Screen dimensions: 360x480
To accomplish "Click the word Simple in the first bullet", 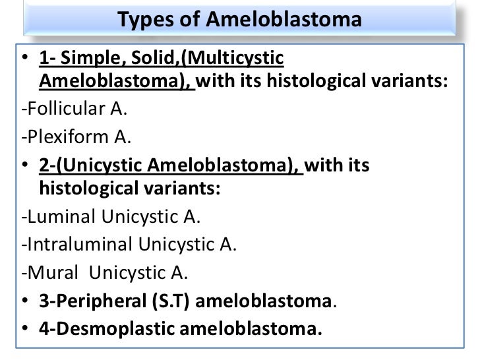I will [x=92, y=61].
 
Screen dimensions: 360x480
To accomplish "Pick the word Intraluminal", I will [x=75, y=245].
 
